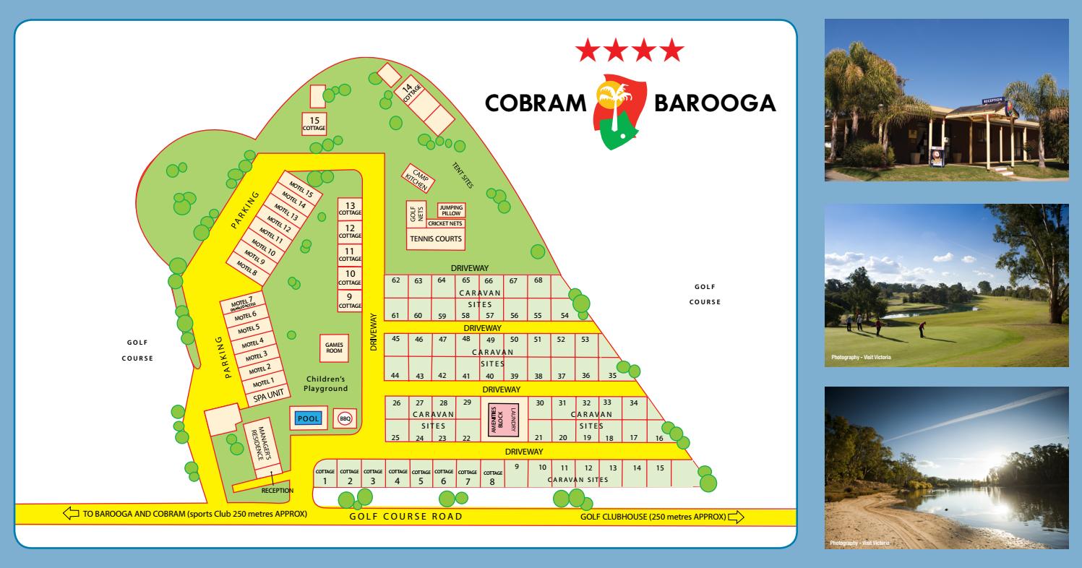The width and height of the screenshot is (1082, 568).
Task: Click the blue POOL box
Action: coord(309,419)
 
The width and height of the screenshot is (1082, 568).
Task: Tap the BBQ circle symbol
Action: coord(345,418)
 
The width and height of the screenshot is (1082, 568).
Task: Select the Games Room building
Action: coord(334,348)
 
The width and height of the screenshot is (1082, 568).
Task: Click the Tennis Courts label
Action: coord(435,238)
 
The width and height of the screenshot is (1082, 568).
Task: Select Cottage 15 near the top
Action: coord(314,124)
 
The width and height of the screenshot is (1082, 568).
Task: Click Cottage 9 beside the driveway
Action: coord(350,301)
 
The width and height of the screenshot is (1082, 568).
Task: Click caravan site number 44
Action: coord(395,375)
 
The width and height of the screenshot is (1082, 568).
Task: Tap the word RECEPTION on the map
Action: coord(278,490)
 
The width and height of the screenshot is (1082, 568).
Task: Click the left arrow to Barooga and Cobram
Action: coord(71,514)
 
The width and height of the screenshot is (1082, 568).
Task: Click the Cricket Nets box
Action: coord(445,223)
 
